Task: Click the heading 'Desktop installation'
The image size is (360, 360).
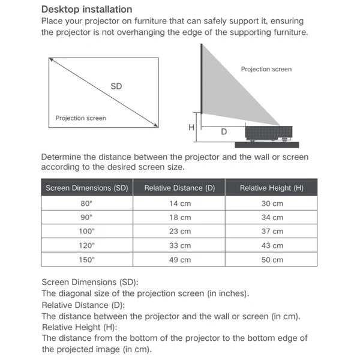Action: (86, 10)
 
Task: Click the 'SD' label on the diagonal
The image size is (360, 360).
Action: (116, 86)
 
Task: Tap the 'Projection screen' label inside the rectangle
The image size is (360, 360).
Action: (80, 118)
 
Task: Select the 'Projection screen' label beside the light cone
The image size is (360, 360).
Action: (266, 70)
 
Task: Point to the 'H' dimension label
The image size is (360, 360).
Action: (191, 127)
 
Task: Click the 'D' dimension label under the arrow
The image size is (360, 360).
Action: (224, 131)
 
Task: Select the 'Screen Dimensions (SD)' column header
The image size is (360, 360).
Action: (87, 188)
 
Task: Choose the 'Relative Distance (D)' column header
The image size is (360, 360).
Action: (179, 188)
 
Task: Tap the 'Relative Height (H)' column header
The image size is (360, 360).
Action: (271, 188)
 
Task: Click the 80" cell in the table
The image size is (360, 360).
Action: (87, 203)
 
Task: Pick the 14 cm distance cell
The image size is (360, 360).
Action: (179, 203)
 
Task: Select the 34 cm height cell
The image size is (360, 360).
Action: (271, 217)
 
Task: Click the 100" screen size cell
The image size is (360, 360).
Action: (87, 231)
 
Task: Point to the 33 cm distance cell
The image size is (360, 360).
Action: (179, 245)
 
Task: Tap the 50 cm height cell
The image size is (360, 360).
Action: (271, 260)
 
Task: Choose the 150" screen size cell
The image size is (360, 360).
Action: (87, 260)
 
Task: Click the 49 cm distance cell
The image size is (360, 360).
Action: (179, 260)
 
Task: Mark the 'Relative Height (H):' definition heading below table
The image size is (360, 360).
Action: (79, 327)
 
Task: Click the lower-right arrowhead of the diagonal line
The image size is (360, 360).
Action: (156, 125)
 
